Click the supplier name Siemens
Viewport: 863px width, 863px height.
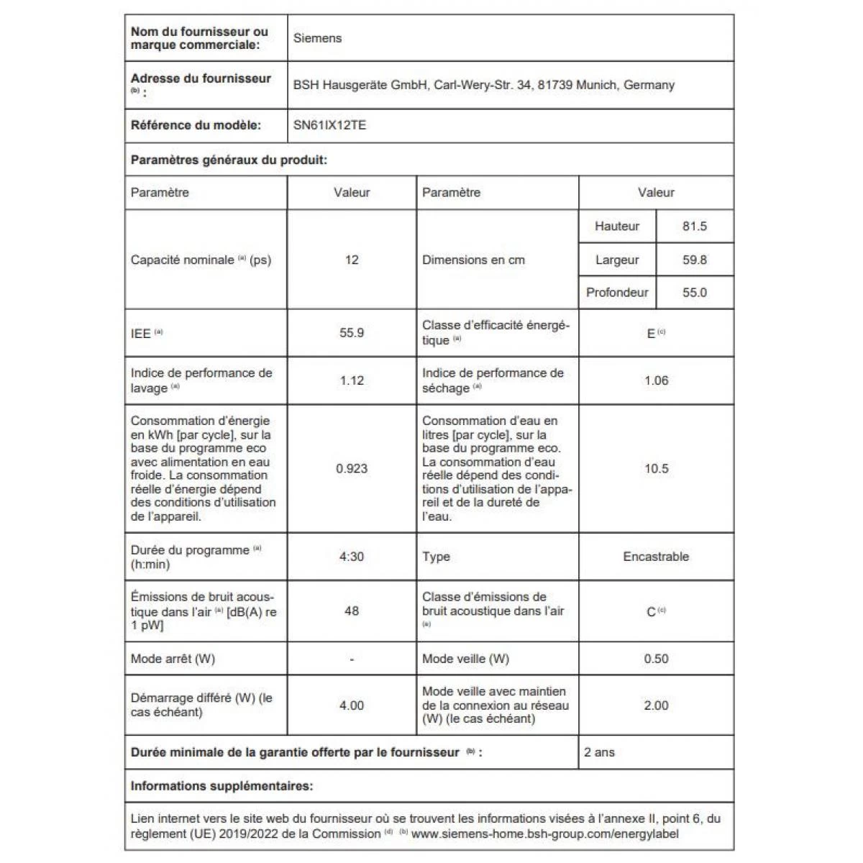click(317, 38)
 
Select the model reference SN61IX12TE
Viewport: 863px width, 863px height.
click(329, 125)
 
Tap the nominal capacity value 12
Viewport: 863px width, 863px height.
click(352, 260)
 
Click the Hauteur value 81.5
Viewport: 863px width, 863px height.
click(694, 226)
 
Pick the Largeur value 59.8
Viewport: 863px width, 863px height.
click(694, 260)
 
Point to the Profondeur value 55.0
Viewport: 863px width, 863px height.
click(694, 293)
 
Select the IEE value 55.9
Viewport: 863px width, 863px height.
click(352, 333)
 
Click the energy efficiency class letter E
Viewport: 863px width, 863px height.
click(651, 334)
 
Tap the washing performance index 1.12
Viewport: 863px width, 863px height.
click(352, 380)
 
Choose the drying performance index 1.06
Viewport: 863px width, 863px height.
click(656, 380)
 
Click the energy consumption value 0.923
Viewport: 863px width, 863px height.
click(352, 468)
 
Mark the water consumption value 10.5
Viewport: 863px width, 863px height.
click(656, 468)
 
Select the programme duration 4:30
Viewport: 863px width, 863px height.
click(352, 557)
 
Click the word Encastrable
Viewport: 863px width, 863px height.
click(656, 557)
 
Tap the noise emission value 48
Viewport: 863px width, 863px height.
click(352, 611)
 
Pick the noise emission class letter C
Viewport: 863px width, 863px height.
click(651, 612)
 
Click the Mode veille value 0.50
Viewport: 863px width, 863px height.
click(656, 659)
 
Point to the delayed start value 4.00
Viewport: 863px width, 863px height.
click(352, 706)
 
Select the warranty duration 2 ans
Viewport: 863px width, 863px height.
click(599, 752)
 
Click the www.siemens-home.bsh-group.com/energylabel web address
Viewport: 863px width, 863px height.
click(544, 834)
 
